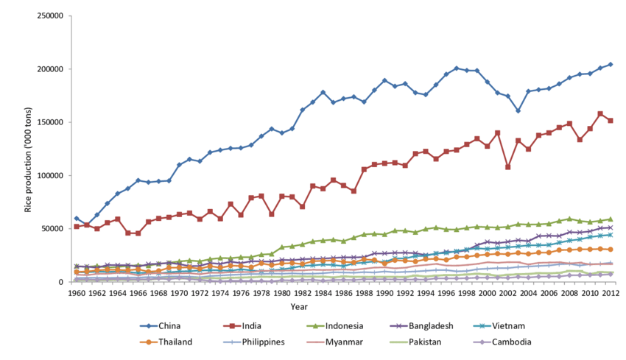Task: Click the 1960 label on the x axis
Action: pyautogui.click(x=77, y=292)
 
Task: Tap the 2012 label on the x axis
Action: pyautogui.click(x=611, y=292)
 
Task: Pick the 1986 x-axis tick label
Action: pyautogui.click(x=344, y=292)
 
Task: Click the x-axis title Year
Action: pyautogui.click(x=298, y=306)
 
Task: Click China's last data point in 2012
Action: pyautogui.click(x=610, y=65)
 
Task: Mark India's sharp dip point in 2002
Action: pyautogui.click(x=507, y=167)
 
